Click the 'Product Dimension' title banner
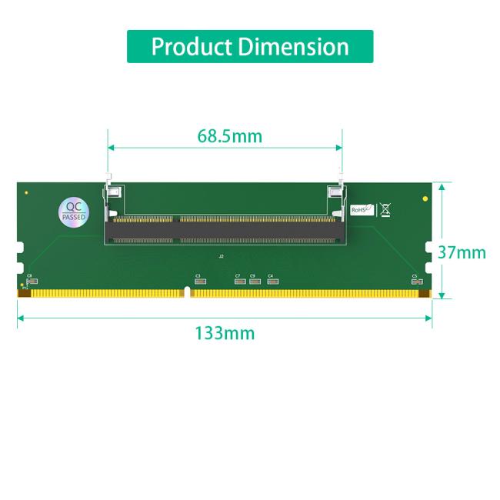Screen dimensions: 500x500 coord(250,46)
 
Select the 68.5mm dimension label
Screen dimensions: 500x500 coord(229,137)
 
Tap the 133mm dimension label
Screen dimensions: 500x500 coord(224,333)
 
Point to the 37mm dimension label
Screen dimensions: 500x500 coord(462,252)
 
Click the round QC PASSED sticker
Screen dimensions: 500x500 coord(74,211)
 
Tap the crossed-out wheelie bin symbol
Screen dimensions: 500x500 coord(385,208)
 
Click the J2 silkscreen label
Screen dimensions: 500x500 coord(222,255)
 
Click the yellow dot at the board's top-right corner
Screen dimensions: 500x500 coord(425,198)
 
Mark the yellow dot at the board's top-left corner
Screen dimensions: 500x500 coord(27,192)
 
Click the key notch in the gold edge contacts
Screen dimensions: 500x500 coord(186,292)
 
